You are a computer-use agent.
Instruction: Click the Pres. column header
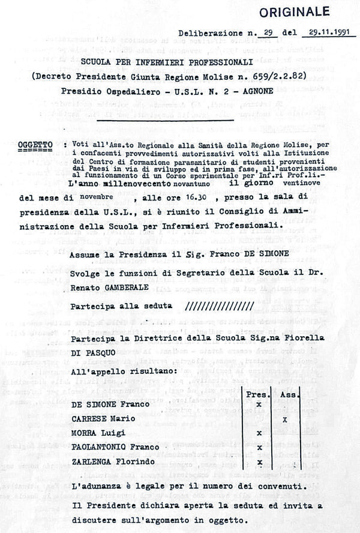[260, 394]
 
